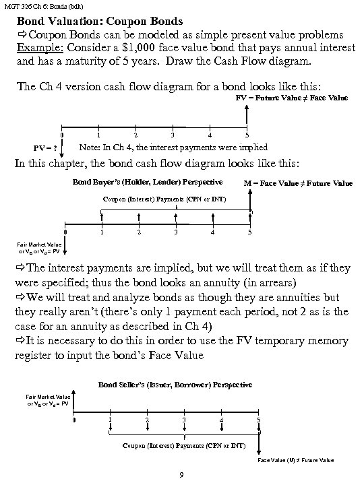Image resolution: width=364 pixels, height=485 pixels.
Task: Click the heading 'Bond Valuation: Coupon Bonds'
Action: pyautogui.click(x=98, y=20)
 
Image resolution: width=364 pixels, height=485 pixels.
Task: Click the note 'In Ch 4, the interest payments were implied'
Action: pyautogui.click(x=173, y=147)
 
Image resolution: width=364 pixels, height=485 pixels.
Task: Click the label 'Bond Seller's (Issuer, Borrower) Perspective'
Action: pyautogui.click(x=175, y=385)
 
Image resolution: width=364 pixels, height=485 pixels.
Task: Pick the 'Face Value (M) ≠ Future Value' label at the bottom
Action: pyautogui.click(x=296, y=460)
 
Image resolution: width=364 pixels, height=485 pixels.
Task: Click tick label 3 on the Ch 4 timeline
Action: pyautogui.click(x=173, y=135)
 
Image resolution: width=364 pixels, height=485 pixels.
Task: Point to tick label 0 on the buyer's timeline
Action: pyautogui.click(x=65, y=233)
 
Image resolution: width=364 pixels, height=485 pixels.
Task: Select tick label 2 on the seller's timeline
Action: pyautogui.click(x=146, y=421)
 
